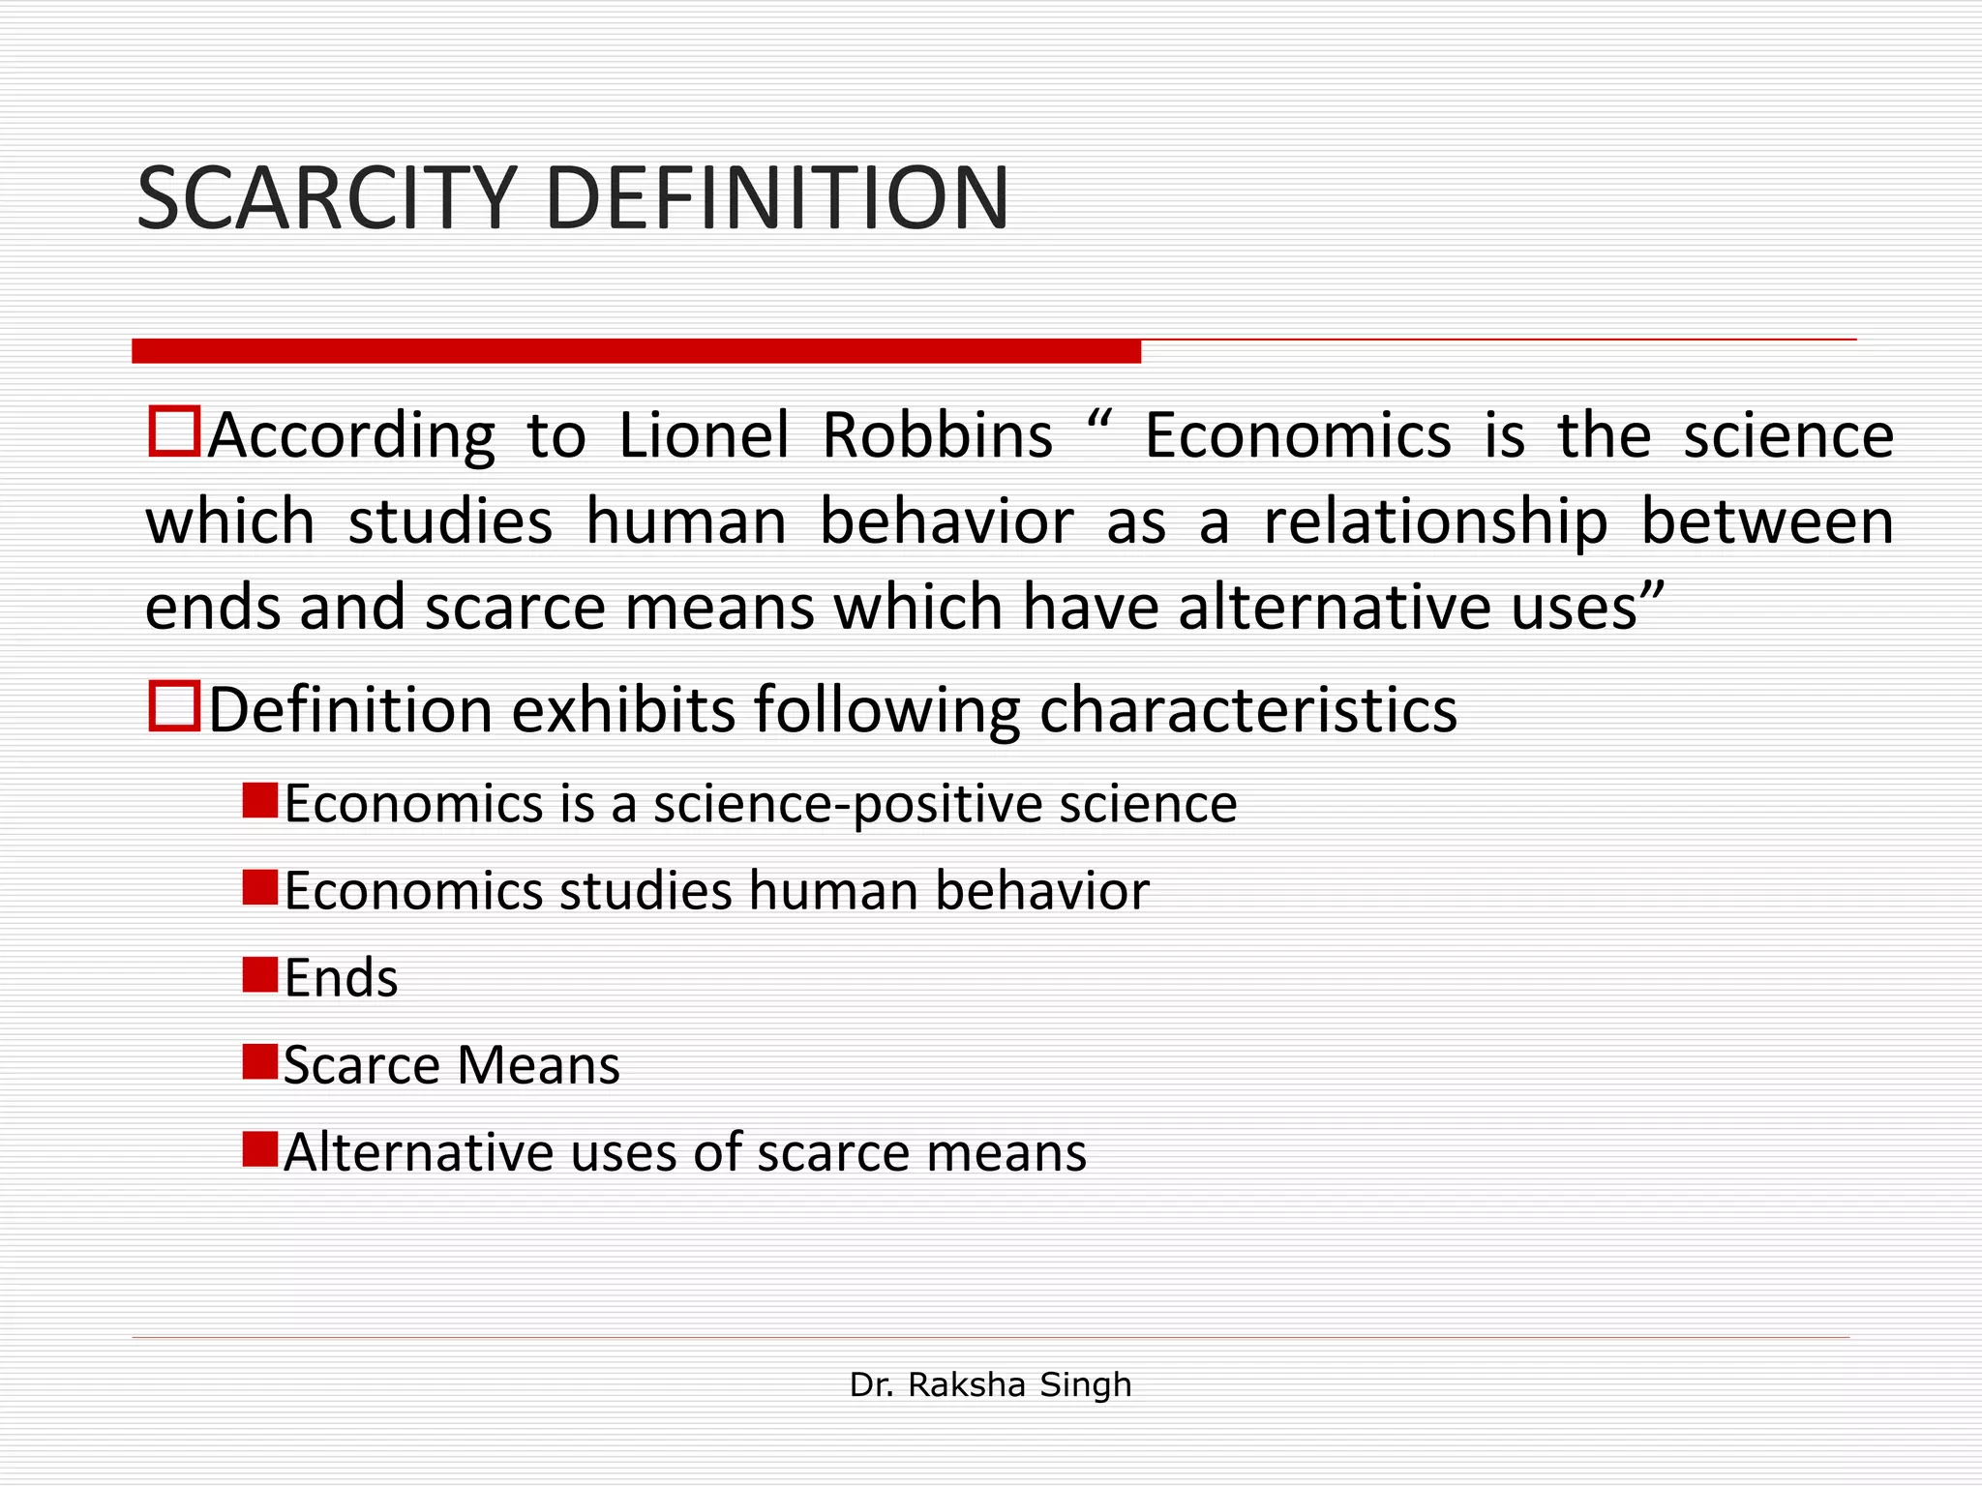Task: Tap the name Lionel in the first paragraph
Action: pos(704,435)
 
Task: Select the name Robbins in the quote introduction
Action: pos(937,435)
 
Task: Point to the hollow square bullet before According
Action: pos(174,431)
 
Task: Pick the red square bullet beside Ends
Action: pos(260,975)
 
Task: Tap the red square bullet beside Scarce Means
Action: pos(260,1061)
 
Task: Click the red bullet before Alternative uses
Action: pos(260,1149)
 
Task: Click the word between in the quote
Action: pos(1767,521)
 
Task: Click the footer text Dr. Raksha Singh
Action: pos(990,1384)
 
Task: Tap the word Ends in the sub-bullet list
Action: pos(341,978)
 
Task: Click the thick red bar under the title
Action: pos(636,351)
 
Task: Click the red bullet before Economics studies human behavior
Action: pos(260,887)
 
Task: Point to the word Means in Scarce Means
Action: pos(538,1065)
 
